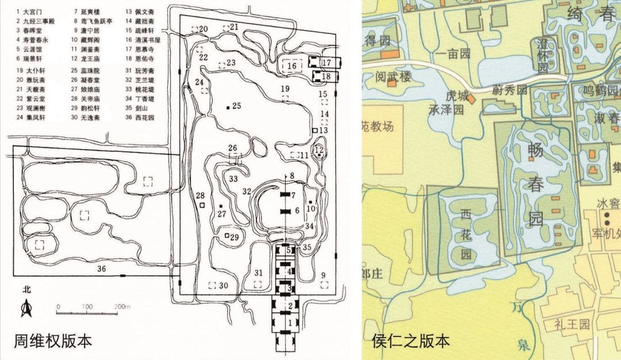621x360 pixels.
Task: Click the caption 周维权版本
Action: tap(53, 340)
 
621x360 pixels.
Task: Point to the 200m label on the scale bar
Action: tap(122, 307)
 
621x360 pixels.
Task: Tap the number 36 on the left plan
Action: tap(101, 269)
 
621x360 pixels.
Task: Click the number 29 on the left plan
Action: tap(235, 238)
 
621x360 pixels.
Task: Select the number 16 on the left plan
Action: tap(292, 66)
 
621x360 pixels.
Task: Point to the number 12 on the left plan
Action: tap(320, 150)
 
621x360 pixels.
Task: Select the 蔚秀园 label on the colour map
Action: tap(509, 90)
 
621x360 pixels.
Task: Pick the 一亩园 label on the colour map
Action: tap(454, 53)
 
